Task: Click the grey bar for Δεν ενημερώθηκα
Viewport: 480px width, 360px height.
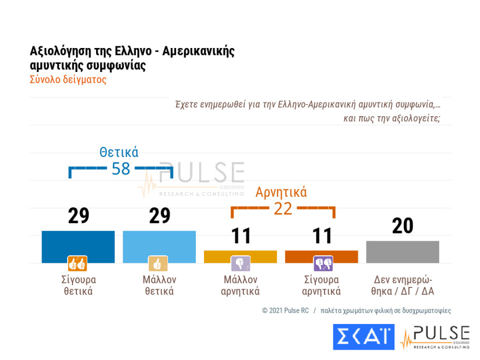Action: click(x=403, y=251)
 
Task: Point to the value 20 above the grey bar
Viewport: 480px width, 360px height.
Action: click(x=403, y=226)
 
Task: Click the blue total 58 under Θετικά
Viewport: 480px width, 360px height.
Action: click(x=121, y=169)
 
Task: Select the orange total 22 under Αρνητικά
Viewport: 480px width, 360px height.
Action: click(x=283, y=208)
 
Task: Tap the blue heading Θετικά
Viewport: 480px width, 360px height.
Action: click(x=118, y=152)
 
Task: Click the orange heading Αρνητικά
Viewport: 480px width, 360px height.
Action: click(x=281, y=192)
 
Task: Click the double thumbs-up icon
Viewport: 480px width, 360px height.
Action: click(x=77, y=264)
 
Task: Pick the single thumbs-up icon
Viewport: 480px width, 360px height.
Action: click(x=158, y=264)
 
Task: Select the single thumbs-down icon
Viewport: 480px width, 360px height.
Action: click(x=241, y=264)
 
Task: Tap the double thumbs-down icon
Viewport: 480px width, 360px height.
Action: click(x=323, y=264)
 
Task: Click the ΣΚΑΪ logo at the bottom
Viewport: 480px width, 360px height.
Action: click(x=363, y=337)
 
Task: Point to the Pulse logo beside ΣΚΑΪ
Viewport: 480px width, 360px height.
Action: click(x=435, y=337)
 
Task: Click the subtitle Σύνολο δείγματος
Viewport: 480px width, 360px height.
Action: click(x=68, y=80)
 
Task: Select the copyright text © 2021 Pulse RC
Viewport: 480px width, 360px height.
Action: click(x=286, y=310)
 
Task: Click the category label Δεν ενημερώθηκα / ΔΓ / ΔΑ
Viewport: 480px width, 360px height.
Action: click(x=403, y=285)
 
